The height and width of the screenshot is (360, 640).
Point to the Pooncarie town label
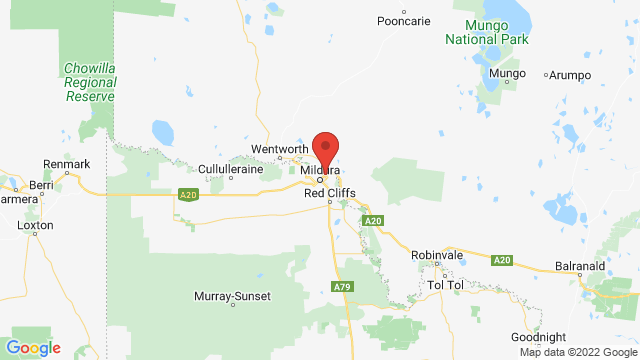[x=403, y=21]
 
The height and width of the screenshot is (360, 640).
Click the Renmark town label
[x=67, y=164]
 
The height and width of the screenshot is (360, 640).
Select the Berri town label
[x=40, y=186]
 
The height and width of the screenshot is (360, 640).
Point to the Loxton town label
[x=35, y=226]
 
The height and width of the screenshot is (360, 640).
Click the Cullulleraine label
[x=230, y=170]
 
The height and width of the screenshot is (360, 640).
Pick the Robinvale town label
[x=437, y=256]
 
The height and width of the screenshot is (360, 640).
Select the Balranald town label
[x=582, y=267]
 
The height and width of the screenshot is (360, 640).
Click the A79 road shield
[x=342, y=287]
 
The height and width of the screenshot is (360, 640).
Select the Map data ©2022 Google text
[x=577, y=351]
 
